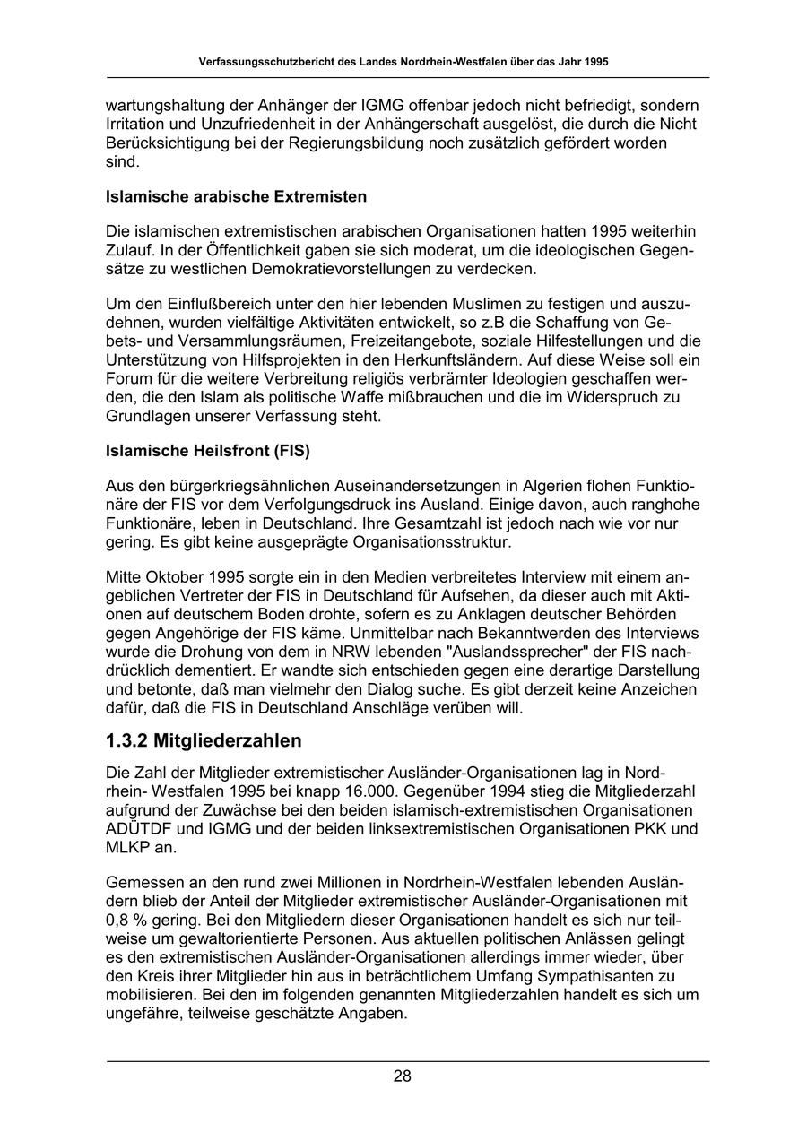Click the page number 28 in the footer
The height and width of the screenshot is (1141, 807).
[403, 1076]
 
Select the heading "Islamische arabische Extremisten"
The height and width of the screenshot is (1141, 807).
[236, 195]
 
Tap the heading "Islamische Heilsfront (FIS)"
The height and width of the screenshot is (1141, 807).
[208, 452]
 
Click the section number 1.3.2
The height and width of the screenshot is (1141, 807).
[126, 740]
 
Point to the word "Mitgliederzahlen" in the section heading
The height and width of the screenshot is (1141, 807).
[228, 740]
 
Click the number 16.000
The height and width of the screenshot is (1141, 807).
[379, 791]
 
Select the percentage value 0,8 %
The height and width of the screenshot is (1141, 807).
[128, 919]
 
